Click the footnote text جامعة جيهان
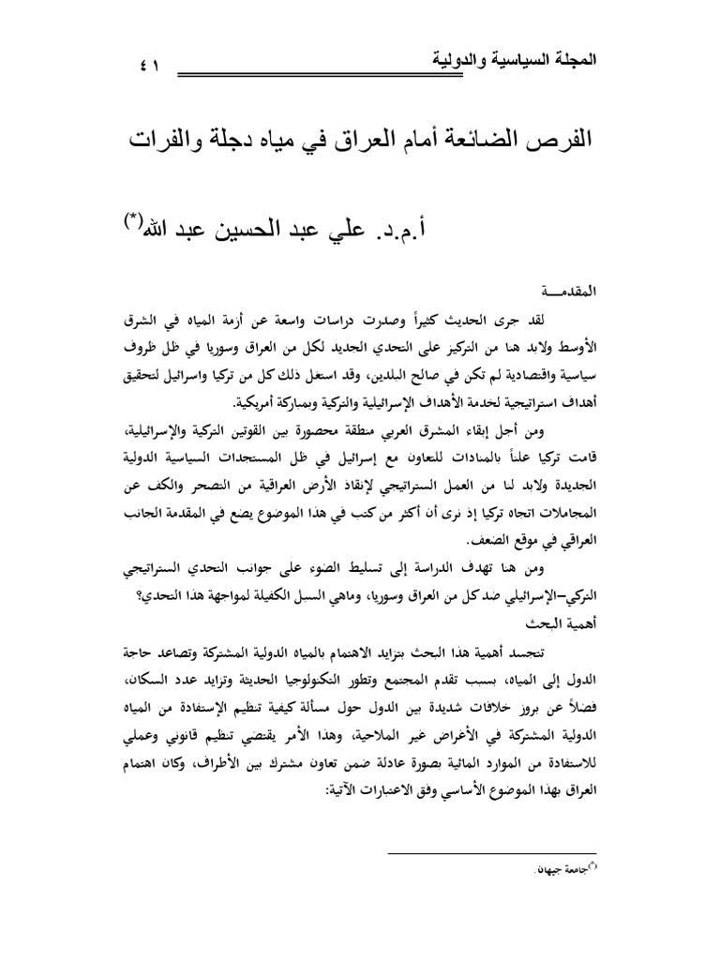pyautogui.click(x=559, y=871)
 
